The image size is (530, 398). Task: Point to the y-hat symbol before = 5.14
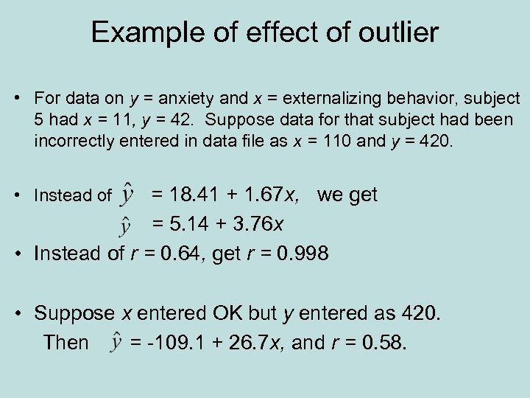point(127,223)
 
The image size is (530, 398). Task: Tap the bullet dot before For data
point(24,99)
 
